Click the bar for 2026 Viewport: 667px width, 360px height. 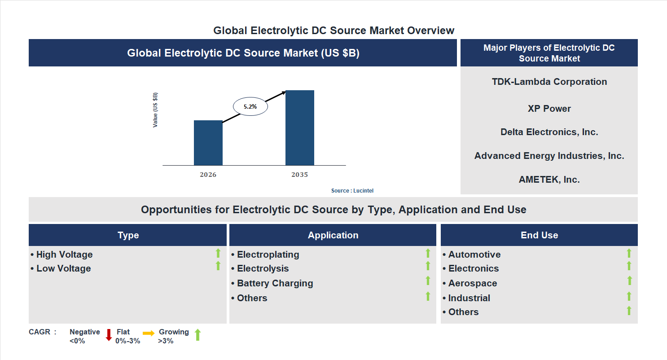click(208, 143)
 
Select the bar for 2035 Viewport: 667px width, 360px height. click(299, 128)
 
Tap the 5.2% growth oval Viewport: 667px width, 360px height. click(250, 107)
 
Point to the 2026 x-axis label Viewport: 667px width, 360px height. click(208, 175)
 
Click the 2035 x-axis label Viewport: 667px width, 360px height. click(299, 175)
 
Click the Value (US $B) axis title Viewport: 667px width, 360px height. click(155, 110)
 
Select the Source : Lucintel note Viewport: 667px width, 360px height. click(352, 191)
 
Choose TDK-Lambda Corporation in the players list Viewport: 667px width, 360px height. click(549, 82)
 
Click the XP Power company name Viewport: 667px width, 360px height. click(549, 109)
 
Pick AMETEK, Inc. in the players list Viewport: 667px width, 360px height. click(549, 180)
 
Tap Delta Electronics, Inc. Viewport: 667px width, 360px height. click(549, 132)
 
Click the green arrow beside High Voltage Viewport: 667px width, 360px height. click(218, 253)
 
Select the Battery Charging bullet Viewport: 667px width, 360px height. click(275, 283)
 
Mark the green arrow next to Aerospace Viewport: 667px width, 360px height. click(629, 281)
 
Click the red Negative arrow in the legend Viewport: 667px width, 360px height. click(109, 335)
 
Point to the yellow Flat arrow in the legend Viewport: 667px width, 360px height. click(149, 333)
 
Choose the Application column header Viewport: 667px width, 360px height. click(333, 235)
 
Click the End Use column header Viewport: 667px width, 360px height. click(539, 235)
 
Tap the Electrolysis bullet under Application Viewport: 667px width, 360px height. click(263, 268)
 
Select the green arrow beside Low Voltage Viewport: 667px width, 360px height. click(218, 266)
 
